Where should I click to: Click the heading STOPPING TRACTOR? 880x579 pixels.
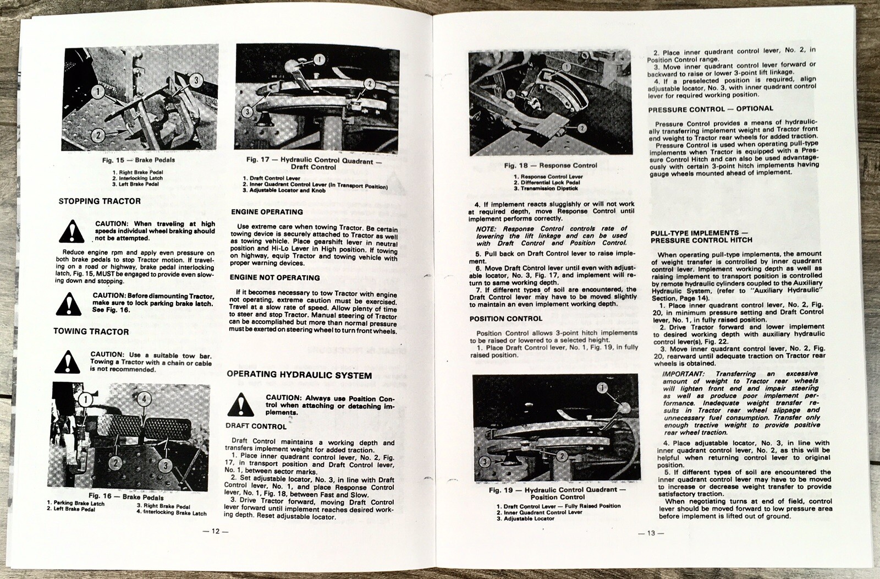100,201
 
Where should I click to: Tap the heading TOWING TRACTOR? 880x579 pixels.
91,331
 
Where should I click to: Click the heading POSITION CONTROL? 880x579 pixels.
505,319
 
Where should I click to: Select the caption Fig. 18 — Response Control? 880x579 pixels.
551,165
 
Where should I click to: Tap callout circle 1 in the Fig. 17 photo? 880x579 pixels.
320,59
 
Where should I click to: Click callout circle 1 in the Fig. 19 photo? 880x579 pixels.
602,389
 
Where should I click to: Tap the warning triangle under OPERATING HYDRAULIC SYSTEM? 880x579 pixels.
240,406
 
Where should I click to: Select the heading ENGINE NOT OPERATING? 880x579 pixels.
274,278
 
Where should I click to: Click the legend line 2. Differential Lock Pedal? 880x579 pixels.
547,183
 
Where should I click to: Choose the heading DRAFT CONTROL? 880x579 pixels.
256,426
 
